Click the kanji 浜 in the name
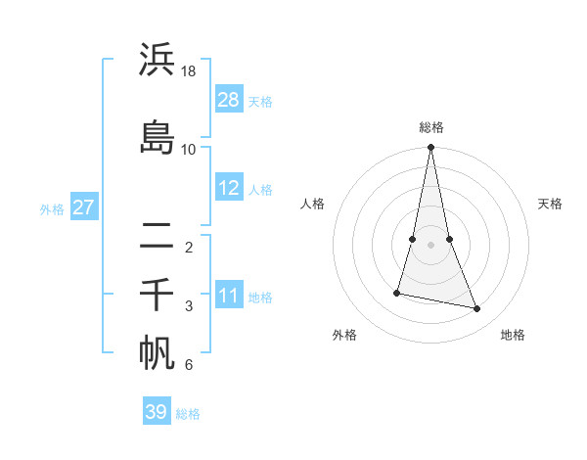coord(157,61)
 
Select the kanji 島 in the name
coord(157,136)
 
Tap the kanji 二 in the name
coord(157,235)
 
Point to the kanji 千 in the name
coord(157,294)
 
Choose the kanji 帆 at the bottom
coord(157,353)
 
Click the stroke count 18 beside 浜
coord(189,72)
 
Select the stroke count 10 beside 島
coord(189,149)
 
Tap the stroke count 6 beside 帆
coord(189,366)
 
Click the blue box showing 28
coord(229,100)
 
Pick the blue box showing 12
coord(229,188)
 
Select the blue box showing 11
coord(229,296)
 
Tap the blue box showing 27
coord(83,207)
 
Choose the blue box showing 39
coord(157,412)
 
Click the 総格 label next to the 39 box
coord(188,414)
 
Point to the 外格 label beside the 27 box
coord(52,208)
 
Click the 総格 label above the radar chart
coord(431,127)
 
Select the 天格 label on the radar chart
coord(551,204)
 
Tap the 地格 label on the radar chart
coord(513,335)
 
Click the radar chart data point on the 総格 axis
coord(431,148)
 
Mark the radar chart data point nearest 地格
coord(477,309)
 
